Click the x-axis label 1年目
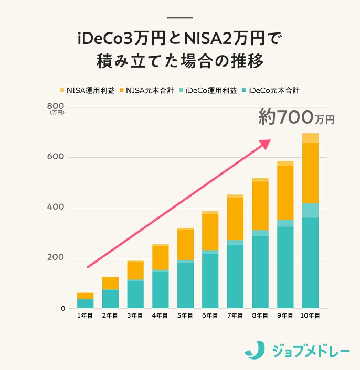click(85, 316)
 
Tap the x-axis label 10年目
click(310, 316)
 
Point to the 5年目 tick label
click(185, 316)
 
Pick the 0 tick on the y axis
click(63, 308)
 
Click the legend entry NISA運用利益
click(87, 90)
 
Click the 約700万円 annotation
click(296, 117)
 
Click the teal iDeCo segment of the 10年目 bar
click(310, 262)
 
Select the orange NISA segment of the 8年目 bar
click(260, 205)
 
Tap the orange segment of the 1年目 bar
click(85, 296)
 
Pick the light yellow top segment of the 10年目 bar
click(310, 138)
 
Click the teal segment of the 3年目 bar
click(135, 294)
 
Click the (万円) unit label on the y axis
click(57, 113)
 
